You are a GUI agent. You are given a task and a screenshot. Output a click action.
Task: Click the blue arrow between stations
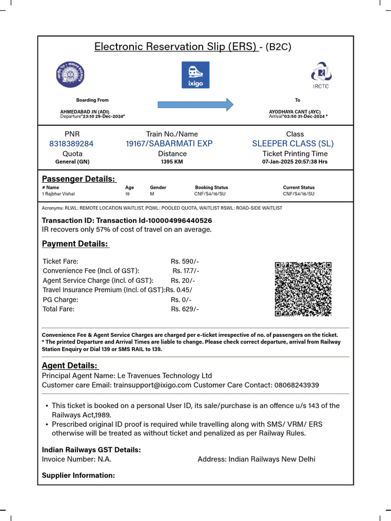click(x=195, y=105)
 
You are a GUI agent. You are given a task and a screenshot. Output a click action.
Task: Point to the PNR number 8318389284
click(x=71, y=144)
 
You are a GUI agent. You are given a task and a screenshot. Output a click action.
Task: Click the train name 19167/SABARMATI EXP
click(x=169, y=144)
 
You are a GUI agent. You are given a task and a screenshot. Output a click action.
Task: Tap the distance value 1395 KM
click(x=172, y=162)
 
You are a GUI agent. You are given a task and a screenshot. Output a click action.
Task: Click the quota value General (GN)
click(x=72, y=162)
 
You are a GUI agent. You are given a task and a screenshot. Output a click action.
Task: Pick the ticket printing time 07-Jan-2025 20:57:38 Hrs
click(x=295, y=162)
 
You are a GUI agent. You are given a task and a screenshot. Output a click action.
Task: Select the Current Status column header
click(x=299, y=187)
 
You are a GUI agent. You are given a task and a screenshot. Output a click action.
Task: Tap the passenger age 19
click(x=127, y=194)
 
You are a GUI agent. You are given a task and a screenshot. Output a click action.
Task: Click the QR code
click(x=303, y=289)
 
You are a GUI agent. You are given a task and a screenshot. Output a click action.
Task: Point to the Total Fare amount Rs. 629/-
click(x=185, y=309)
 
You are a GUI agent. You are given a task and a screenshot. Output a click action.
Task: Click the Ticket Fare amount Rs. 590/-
click(x=185, y=261)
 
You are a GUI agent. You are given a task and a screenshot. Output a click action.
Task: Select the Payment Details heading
click(x=75, y=244)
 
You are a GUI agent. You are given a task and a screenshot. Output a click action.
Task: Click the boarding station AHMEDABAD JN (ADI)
click(x=85, y=111)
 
